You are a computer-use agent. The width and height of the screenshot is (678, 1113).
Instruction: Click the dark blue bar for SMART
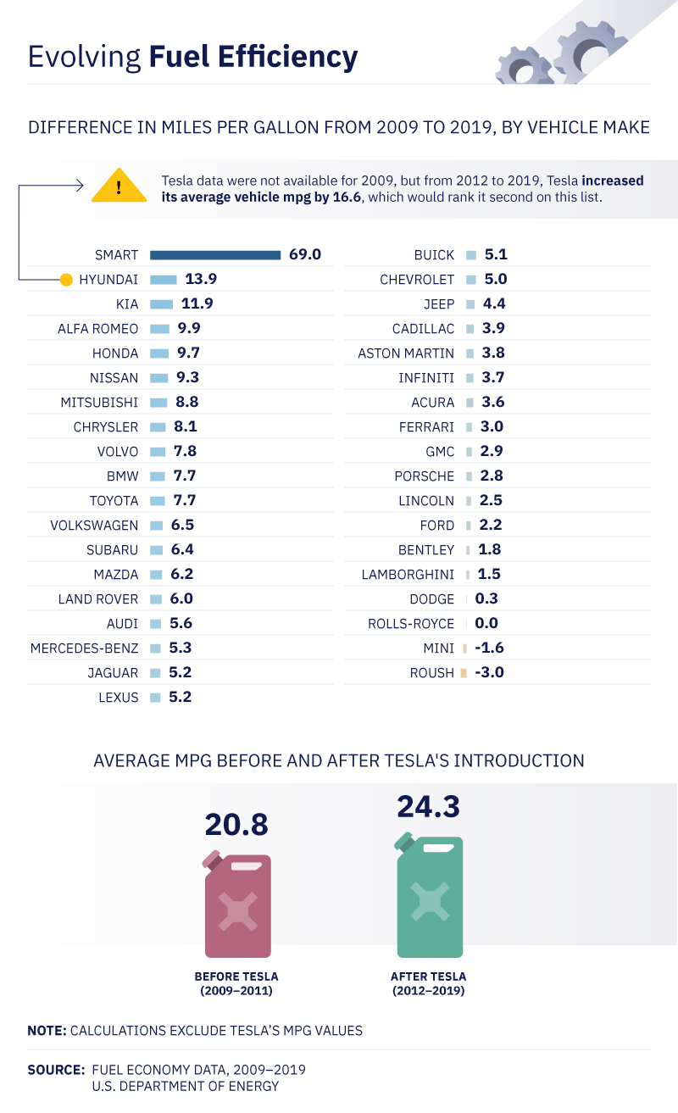coord(215,254)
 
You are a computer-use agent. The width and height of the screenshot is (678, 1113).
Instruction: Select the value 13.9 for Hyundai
coord(201,279)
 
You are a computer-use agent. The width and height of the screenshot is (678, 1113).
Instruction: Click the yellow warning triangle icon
coord(119,186)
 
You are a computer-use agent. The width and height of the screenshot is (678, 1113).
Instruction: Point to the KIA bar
coord(161,303)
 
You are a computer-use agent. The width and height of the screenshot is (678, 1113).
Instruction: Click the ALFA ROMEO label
coord(97,328)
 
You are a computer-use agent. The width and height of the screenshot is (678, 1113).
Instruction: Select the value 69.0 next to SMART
coord(305,254)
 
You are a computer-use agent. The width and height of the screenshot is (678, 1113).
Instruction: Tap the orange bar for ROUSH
coord(464,673)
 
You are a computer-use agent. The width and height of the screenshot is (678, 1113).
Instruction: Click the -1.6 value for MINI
coord(489,648)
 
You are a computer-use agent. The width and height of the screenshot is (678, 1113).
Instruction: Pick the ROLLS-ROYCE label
coord(411,624)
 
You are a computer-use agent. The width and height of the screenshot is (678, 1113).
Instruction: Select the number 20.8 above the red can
coord(236,824)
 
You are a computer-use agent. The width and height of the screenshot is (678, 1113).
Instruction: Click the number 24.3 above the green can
coord(428,806)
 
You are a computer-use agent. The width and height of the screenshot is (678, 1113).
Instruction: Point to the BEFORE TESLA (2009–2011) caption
coord(236,983)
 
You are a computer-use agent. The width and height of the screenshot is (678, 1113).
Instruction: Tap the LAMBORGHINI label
coord(408,575)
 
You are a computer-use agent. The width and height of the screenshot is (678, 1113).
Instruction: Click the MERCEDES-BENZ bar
coord(155,648)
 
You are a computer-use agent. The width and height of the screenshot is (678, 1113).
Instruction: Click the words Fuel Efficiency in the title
coord(253,57)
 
